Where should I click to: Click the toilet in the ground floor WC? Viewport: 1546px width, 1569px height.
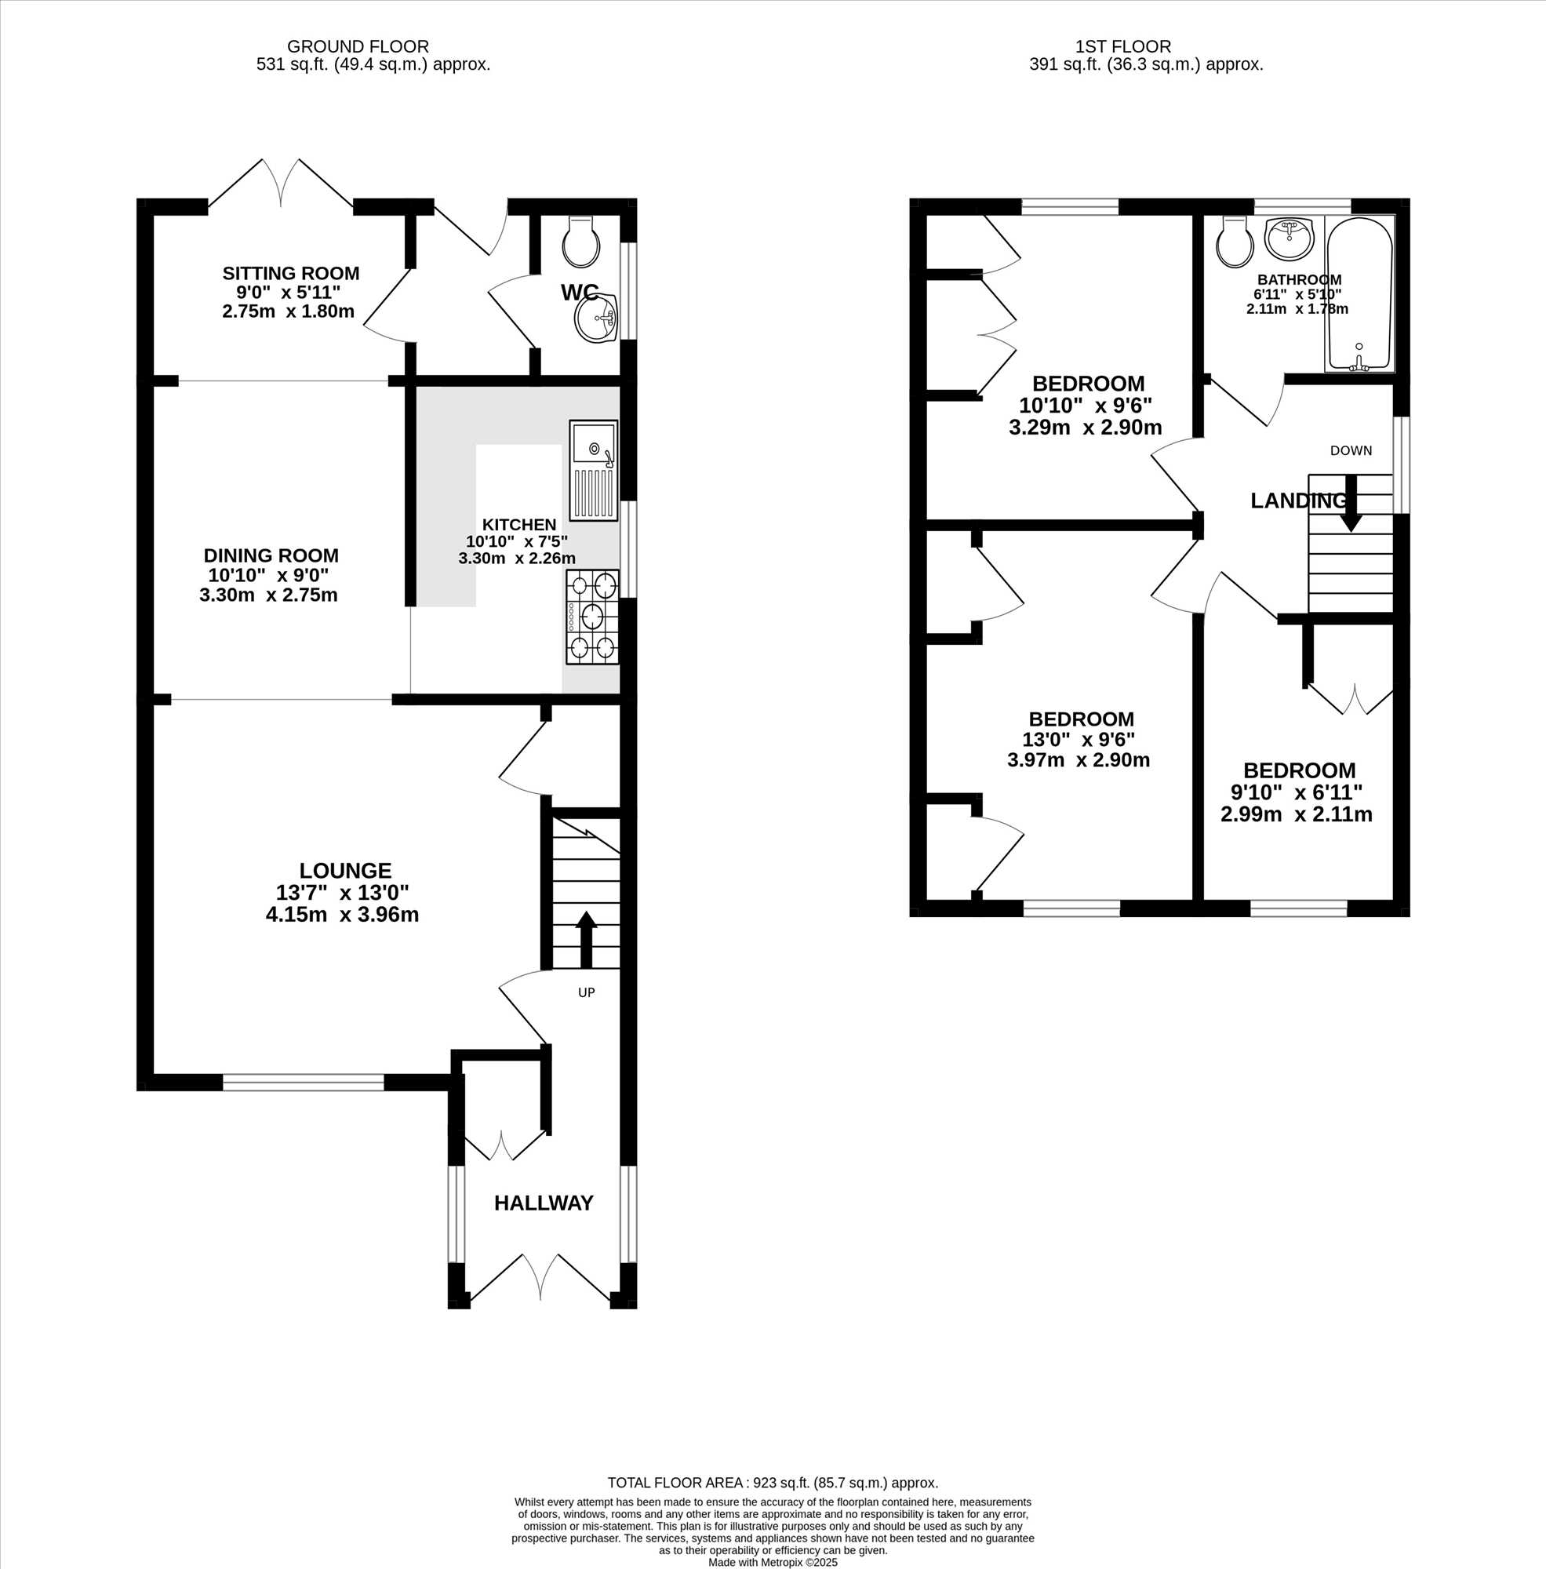coord(581,241)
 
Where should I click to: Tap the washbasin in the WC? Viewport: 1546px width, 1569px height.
coord(597,318)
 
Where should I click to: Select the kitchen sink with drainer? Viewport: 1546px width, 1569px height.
coord(594,470)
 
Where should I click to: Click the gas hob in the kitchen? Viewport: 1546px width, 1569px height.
coord(592,617)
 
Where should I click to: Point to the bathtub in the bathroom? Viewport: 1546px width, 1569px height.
coord(1359,293)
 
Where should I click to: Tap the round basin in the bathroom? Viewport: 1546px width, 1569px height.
coord(1289,237)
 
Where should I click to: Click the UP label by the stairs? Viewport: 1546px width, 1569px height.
coord(586,992)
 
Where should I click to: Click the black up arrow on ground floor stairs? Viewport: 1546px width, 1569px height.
coord(586,940)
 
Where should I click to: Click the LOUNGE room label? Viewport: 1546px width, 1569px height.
coord(345,871)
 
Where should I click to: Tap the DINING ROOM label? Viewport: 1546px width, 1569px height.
coord(271,555)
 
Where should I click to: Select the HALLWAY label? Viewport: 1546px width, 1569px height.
coord(544,1203)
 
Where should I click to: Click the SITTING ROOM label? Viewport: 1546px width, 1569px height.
coord(291,273)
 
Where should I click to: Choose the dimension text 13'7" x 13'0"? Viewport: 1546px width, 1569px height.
coord(343,893)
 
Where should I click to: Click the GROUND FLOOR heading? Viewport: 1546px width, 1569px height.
coord(358,47)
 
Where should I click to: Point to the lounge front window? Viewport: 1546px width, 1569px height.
coord(304,1082)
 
